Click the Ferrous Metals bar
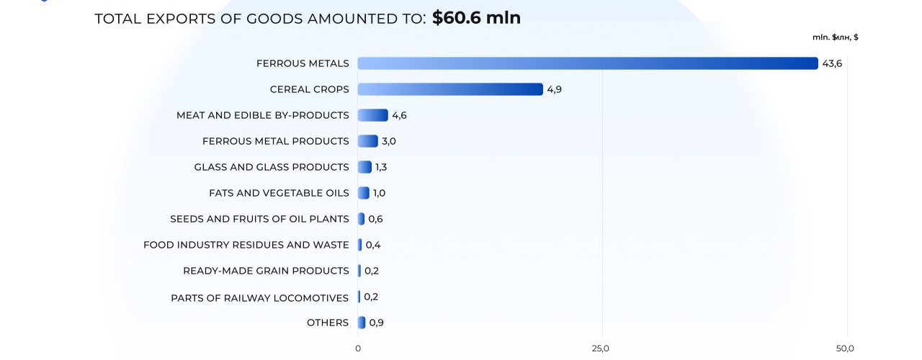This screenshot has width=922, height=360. (x=587, y=63)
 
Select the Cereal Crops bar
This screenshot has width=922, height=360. (x=450, y=89)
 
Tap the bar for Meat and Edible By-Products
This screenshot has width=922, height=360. (x=372, y=115)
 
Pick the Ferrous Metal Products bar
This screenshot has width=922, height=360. (x=367, y=141)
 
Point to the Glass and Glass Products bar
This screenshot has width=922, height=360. (x=364, y=167)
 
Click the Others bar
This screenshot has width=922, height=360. (x=362, y=323)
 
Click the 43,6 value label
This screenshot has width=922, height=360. (x=832, y=63)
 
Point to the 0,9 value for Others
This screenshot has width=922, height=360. (x=376, y=323)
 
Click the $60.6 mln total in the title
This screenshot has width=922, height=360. (x=476, y=18)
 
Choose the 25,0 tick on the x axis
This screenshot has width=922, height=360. (x=601, y=348)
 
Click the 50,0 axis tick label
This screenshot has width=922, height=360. (x=845, y=348)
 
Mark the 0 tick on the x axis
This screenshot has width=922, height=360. (x=358, y=348)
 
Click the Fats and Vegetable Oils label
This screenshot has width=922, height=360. (x=279, y=193)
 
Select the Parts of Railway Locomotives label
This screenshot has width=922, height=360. (x=259, y=298)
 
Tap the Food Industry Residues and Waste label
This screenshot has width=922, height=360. (x=246, y=245)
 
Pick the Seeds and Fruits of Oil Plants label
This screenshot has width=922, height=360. (x=259, y=219)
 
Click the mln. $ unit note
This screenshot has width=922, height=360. (x=835, y=37)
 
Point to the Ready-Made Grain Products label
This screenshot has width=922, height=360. (x=266, y=271)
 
